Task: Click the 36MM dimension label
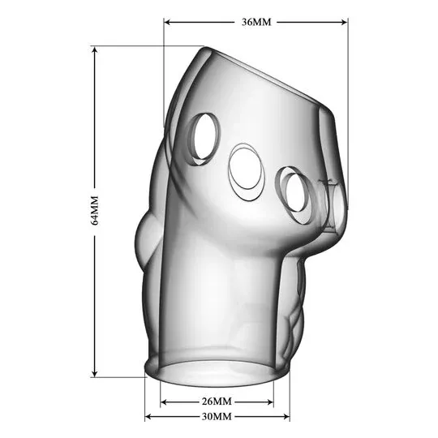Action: pos(256,22)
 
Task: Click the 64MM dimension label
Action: pos(95,211)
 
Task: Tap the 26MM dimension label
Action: pos(217,401)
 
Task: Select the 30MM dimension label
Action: pos(217,416)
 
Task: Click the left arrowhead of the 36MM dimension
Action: pos(167,22)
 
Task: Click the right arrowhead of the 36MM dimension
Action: pos(344,22)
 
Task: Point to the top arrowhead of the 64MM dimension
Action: pos(95,50)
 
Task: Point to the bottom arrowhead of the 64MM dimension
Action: pos(95,373)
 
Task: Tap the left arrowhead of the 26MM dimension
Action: pos(164,402)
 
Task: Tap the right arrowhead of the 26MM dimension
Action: pos(270,402)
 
